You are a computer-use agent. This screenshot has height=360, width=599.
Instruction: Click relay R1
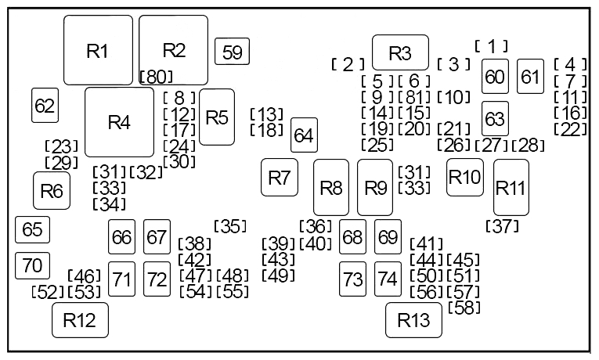pyautogui.click(x=98, y=51)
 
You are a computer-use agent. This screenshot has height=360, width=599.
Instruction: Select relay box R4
pyautogui.click(x=119, y=122)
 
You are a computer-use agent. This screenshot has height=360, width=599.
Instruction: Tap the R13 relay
pyautogui.click(x=413, y=319)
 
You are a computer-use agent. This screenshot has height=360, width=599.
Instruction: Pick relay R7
pyautogui.click(x=279, y=177)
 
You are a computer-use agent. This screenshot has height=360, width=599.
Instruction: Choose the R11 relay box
pyautogui.click(x=511, y=187)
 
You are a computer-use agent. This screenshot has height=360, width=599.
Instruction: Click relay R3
pyautogui.click(x=400, y=52)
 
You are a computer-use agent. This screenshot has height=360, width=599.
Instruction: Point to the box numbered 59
pyautogui.click(x=233, y=52)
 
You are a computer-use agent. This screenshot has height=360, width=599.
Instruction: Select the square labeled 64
pyautogui.click(x=303, y=135)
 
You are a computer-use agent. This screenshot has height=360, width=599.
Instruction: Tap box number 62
pyautogui.click(x=45, y=105)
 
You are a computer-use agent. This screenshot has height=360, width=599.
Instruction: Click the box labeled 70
pyautogui.click(x=33, y=265)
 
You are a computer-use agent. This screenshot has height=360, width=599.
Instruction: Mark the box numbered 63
pyautogui.click(x=495, y=119)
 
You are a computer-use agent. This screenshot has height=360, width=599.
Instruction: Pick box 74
pyautogui.click(x=387, y=279)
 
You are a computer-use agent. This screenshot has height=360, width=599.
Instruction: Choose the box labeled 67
pyautogui.click(x=157, y=236)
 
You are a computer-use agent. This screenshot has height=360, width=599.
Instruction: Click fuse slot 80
pyautogui.click(x=156, y=77)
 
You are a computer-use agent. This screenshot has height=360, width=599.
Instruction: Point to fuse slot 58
pyautogui.click(x=464, y=307)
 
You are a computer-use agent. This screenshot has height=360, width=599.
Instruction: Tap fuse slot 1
pyautogui.click(x=492, y=47)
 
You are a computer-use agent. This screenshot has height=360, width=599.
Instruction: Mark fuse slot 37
pyautogui.click(x=503, y=226)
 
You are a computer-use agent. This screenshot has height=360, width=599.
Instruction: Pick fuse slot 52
pyautogui.click(x=47, y=292)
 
